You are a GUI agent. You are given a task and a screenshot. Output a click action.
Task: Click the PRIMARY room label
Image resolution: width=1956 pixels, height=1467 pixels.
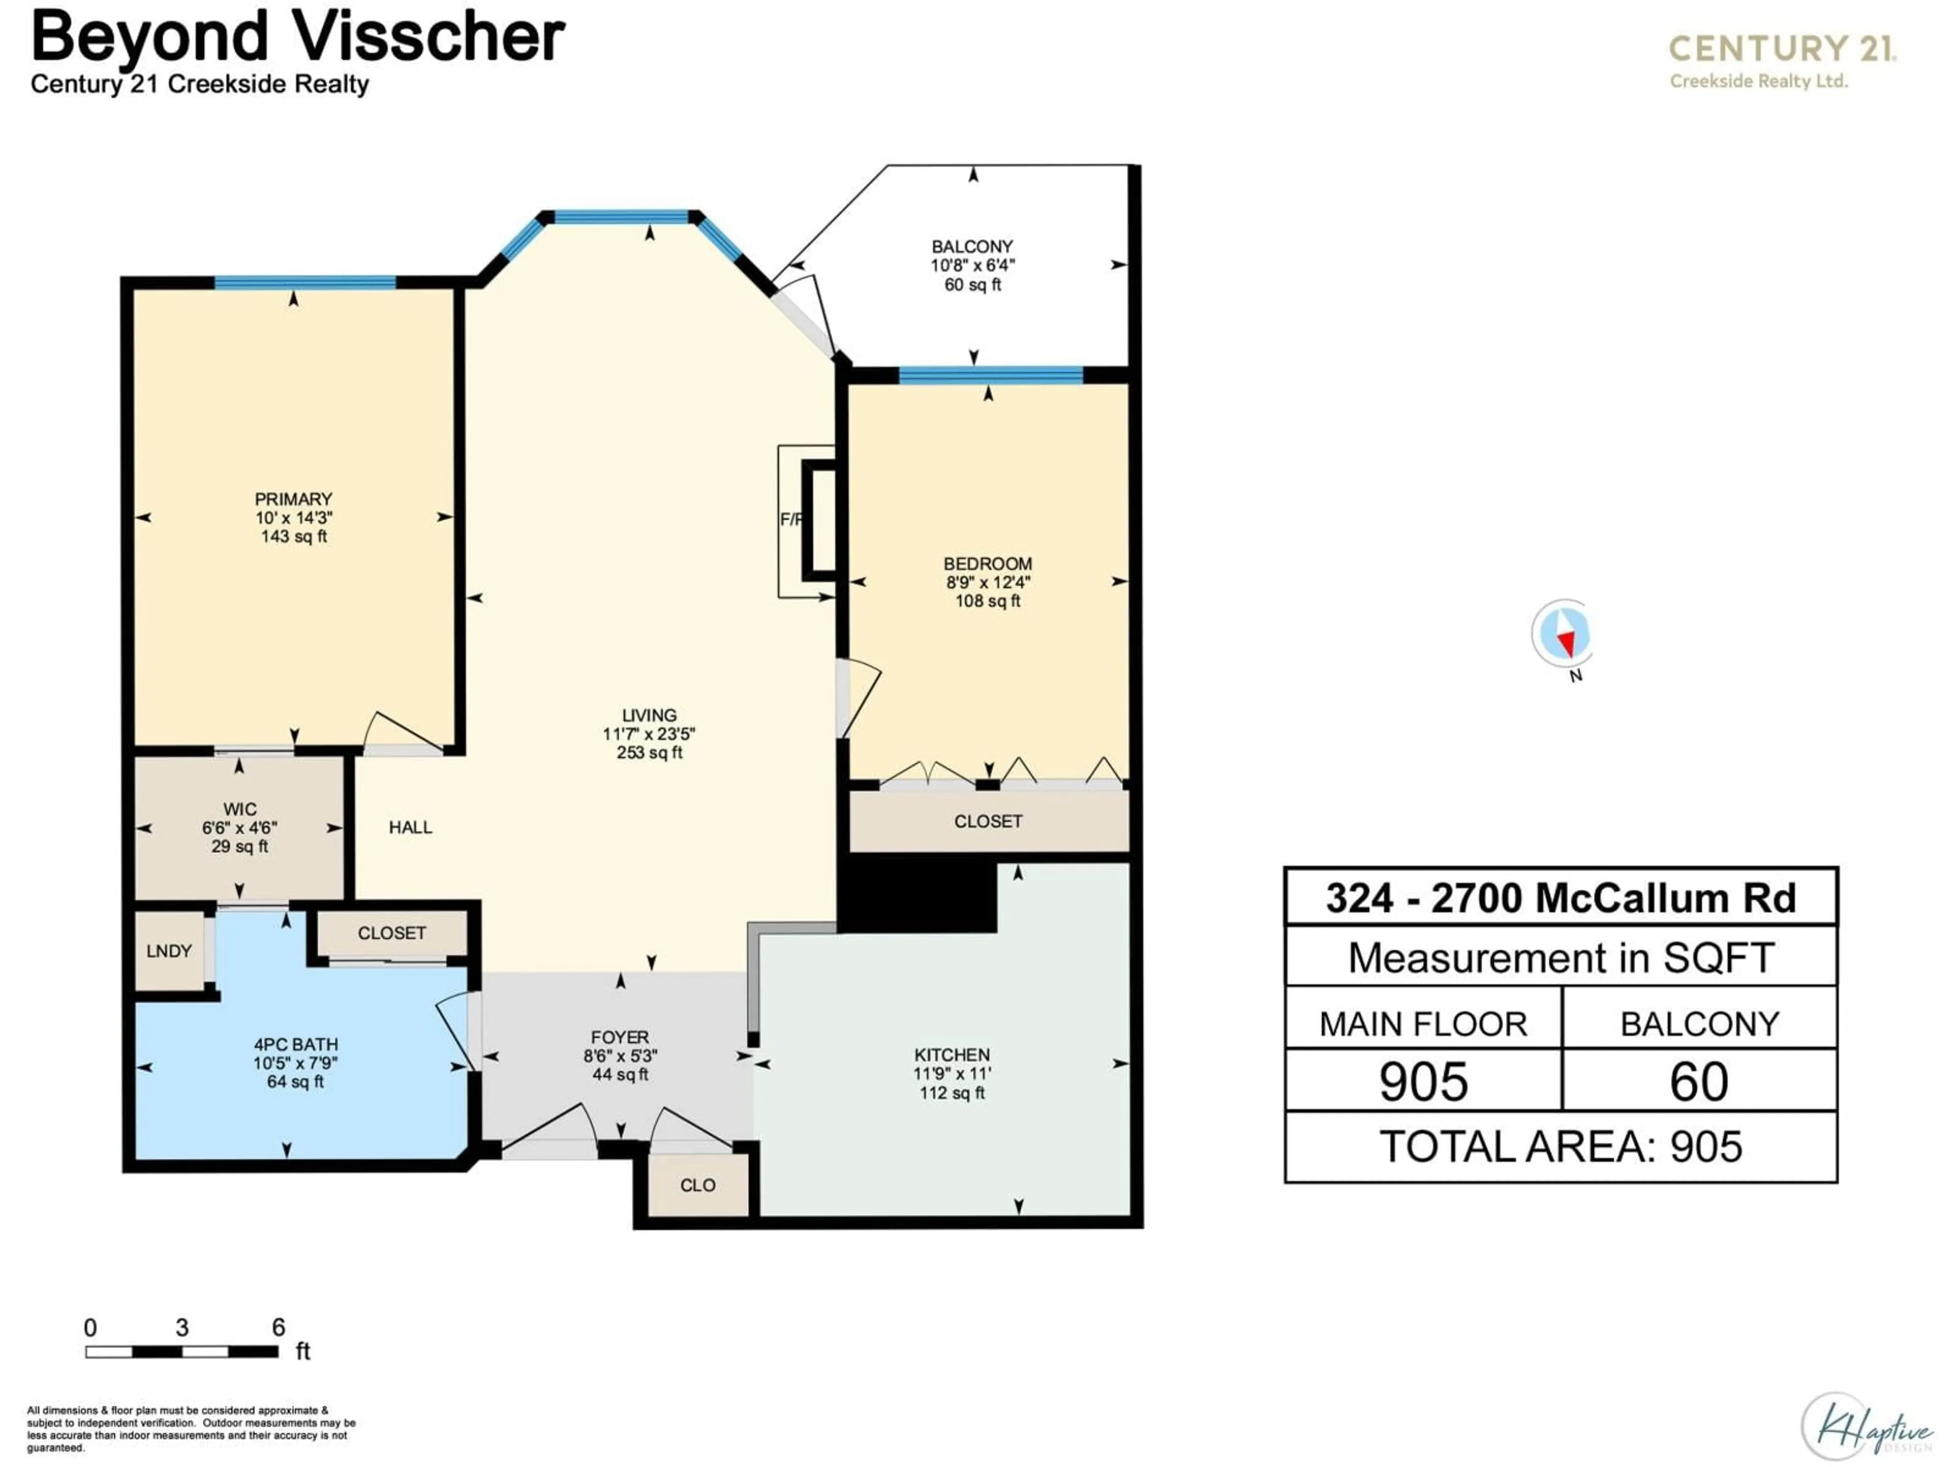[x=293, y=499]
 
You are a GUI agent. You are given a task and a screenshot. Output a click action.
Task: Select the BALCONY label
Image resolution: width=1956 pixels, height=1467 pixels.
[x=972, y=247]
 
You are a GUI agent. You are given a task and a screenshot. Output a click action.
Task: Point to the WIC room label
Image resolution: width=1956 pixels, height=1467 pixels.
[x=239, y=809]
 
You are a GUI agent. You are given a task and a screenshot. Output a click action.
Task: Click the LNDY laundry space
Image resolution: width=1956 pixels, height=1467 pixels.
[x=169, y=952]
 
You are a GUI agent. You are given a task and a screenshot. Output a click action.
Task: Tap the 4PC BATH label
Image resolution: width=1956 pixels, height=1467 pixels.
[x=295, y=1044]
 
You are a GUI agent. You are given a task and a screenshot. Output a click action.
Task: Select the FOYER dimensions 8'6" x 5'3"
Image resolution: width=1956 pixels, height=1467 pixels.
[x=620, y=1056]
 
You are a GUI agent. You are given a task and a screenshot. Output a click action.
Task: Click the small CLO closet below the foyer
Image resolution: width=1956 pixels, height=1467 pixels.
[x=698, y=1185]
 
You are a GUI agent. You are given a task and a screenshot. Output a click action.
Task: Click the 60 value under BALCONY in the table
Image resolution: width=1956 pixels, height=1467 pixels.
[x=1699, y=1081]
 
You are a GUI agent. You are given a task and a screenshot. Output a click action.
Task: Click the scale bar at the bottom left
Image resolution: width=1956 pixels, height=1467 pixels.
[x=181, y=1351]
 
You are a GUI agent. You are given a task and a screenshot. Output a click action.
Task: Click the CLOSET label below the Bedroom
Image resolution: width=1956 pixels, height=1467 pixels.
[x=988, y=822]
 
